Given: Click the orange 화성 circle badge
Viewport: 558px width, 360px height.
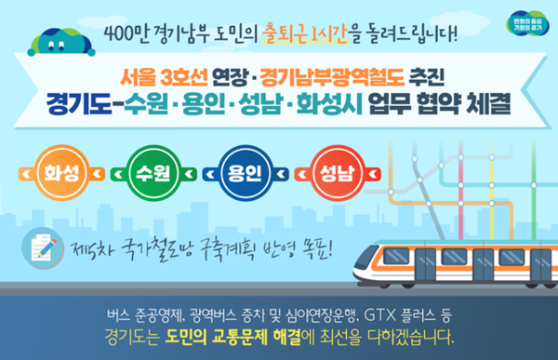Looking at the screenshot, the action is coord(61,173).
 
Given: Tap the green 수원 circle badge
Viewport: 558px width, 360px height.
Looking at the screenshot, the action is coord(153,173).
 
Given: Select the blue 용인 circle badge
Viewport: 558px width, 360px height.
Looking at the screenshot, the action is coord(246,173).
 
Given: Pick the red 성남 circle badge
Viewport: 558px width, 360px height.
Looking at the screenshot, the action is coord(338,173).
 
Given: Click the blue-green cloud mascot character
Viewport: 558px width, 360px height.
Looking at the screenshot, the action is coord(61,42).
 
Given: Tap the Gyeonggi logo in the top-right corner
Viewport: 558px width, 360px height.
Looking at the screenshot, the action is coord(527,23).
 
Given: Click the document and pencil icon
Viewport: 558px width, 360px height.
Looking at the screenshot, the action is coord(43,247).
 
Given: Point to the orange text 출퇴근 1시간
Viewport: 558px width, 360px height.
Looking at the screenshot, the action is coord(304,33).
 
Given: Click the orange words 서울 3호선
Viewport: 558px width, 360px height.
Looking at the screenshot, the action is coord(164,77).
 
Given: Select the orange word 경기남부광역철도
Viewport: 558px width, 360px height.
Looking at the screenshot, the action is coord(332,77).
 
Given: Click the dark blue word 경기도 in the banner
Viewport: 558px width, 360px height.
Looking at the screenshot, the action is coord(79,103).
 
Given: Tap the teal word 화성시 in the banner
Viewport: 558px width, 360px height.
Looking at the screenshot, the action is coord(329,103).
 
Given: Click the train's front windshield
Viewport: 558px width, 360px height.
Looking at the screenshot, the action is coord(365,257).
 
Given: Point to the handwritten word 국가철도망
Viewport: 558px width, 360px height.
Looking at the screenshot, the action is coord(157,249).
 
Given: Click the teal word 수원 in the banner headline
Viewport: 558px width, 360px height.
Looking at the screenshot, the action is coord(146,103).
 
